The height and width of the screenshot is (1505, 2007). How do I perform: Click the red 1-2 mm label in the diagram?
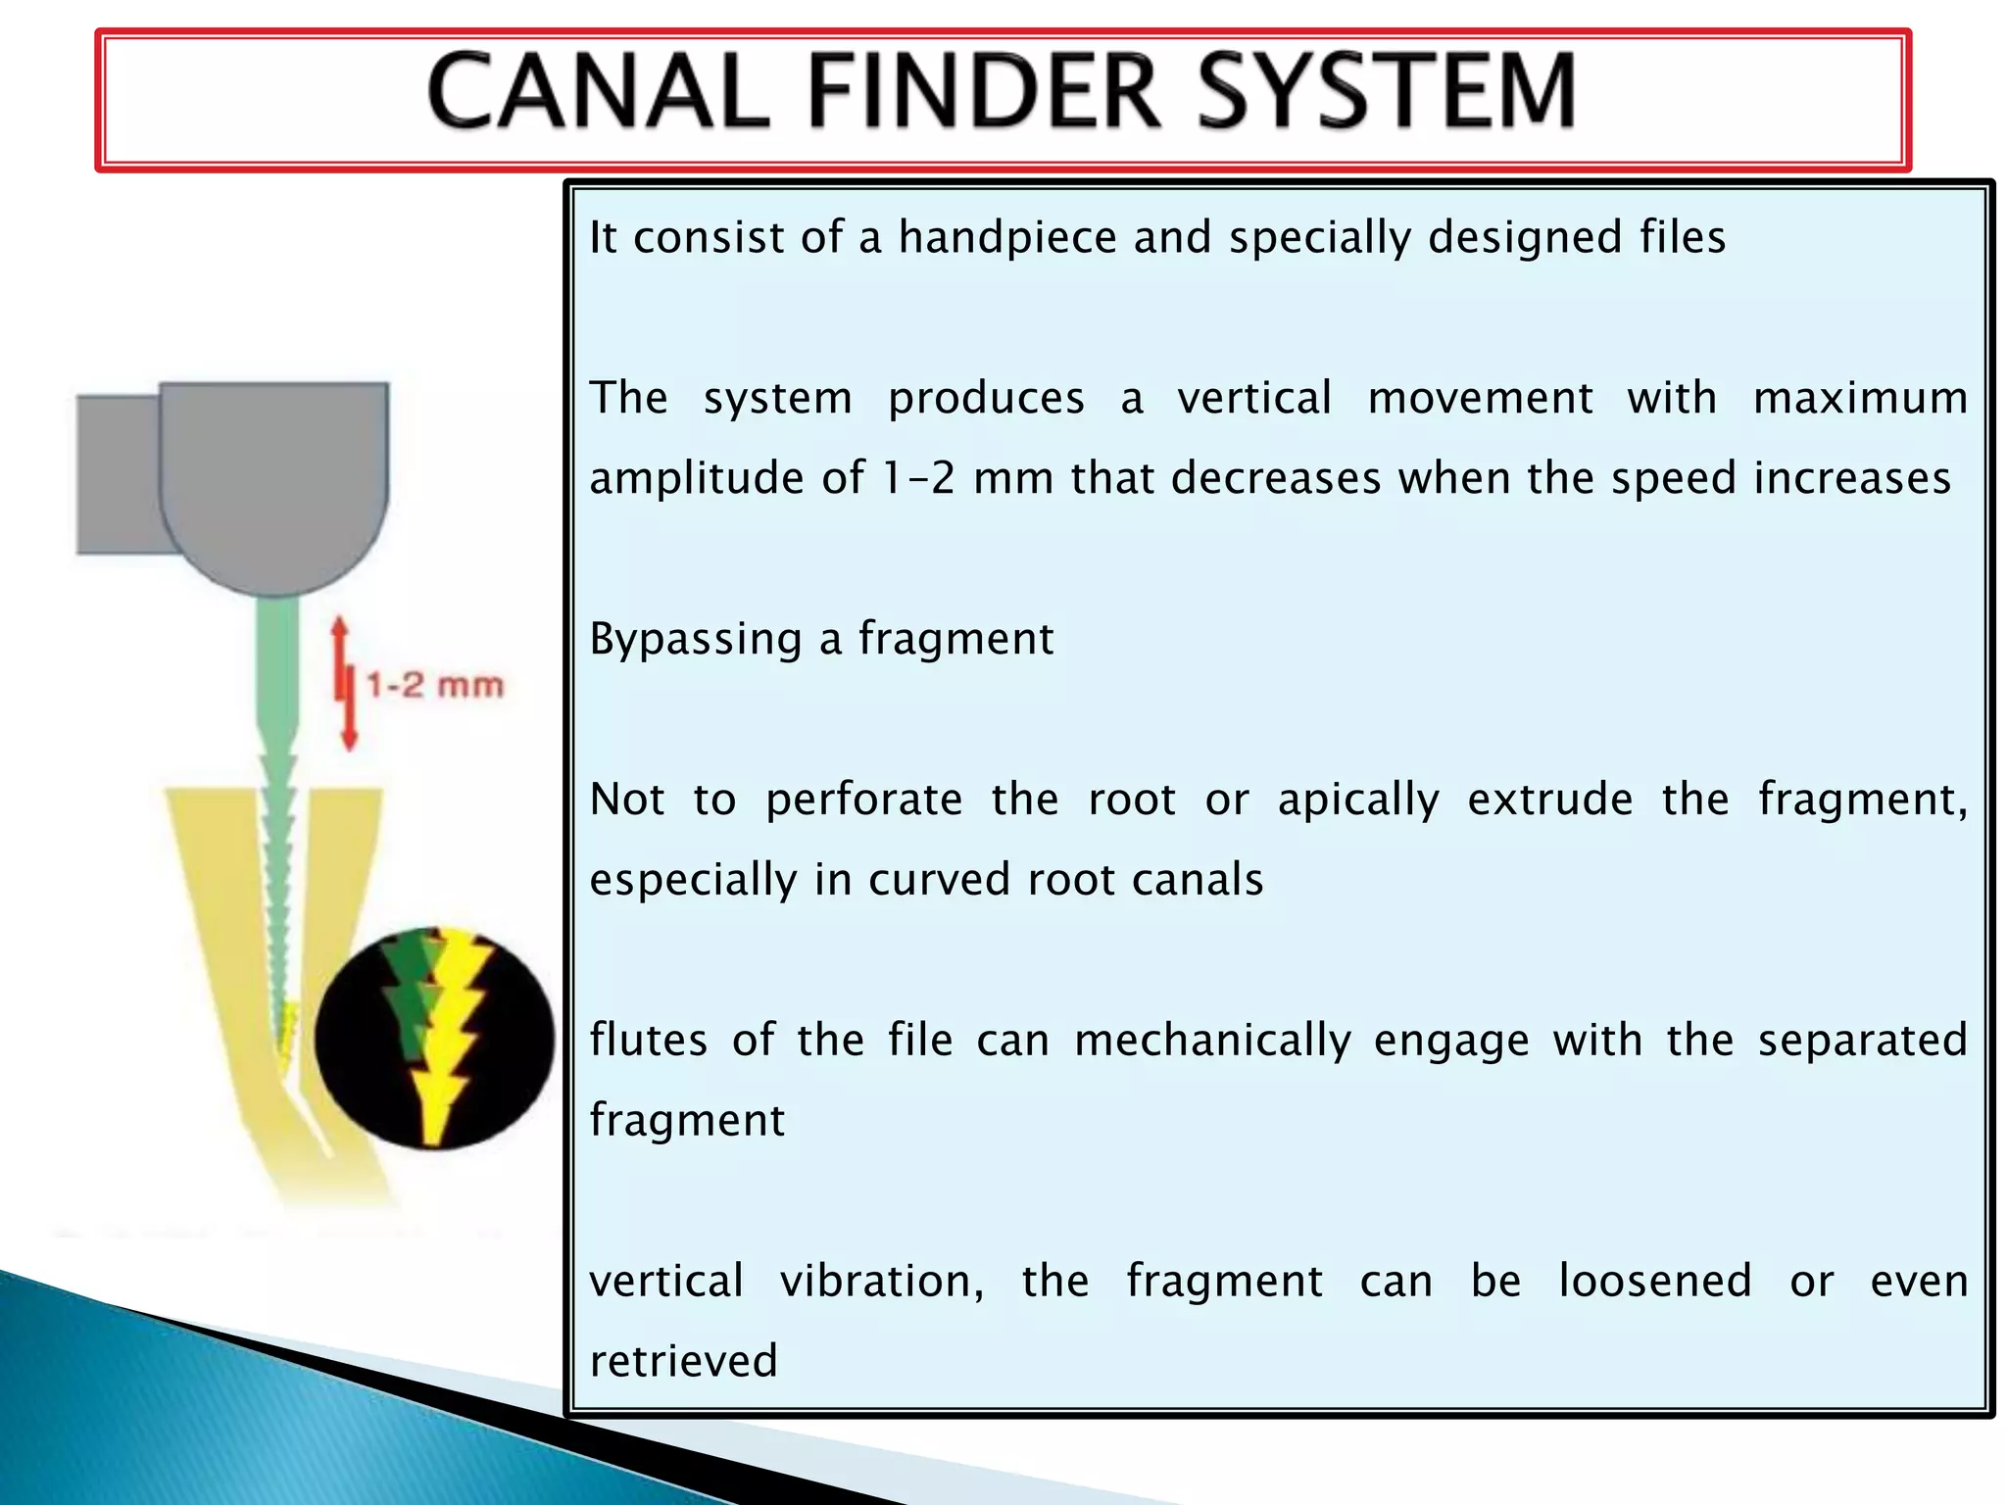pyautogui.click(x=435, y=685)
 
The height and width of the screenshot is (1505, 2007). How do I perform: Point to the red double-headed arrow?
pyautogui.click(x=343, y=683)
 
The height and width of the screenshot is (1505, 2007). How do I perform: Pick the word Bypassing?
pyautogui.click(x=696, y=640)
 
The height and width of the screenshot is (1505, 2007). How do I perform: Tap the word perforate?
pyautogui.click(x=863, y=800)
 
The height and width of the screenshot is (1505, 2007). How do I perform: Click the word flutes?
pyautogui.click(x=648, y=1040)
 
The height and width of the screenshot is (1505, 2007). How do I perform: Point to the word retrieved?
pyautogui.click(x=683, y=1361)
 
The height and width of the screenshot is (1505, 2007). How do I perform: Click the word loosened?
pyautogui.click(x=1654, y=1281)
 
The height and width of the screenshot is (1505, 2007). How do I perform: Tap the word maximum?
pyautogui.click(x=1859, y=399)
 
